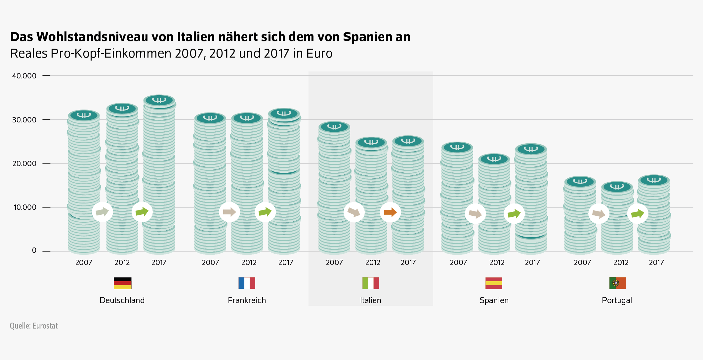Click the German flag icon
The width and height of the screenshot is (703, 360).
[122, 283]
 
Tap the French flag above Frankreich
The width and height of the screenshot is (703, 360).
[247, 283]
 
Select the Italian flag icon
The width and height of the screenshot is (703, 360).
[371, 283]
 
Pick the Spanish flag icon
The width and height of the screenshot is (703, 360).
[494, 283]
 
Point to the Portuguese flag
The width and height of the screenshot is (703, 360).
[617, 283]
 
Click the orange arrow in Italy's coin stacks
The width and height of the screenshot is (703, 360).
[390, 212]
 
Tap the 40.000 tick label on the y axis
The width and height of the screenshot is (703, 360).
[24, 76]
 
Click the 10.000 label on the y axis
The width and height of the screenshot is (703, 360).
[25, 207]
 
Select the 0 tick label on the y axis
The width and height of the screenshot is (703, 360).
[34, 250]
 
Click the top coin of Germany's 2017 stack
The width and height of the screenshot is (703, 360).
[159, 100]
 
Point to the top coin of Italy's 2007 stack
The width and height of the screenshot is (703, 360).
[334, 127]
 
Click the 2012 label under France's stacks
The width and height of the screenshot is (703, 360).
[249, 262]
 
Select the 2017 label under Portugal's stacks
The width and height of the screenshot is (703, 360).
[656, 262]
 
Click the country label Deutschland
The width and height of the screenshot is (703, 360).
[122, 300]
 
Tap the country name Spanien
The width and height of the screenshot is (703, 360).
[494, 300]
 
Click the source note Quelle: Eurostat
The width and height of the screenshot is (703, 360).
[34, 326]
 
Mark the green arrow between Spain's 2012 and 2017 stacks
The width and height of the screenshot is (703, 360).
[514, 213]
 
